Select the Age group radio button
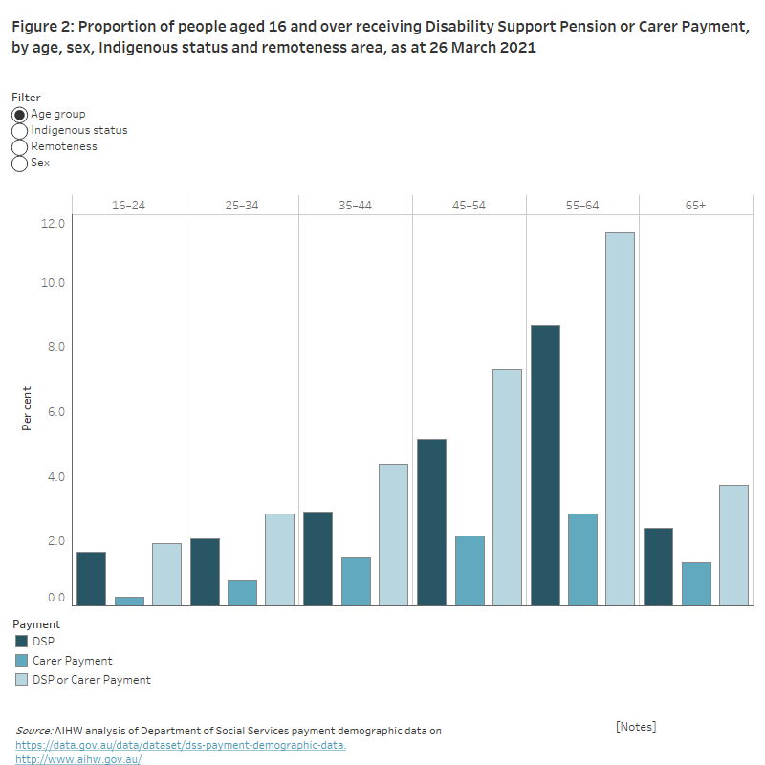[x=20, y=114]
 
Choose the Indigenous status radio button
[x=20, y=130]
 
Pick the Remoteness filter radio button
[x=20, y=146]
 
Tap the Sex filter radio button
[x=20, y=163]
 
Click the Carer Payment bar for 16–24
[x=129, y=601]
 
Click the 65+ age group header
[x=695, y=206]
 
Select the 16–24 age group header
[x=128, y=206]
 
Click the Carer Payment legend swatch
[x=20, y=661]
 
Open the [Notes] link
[x=636, y=727]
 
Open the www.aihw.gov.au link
[x=78, y=759]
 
